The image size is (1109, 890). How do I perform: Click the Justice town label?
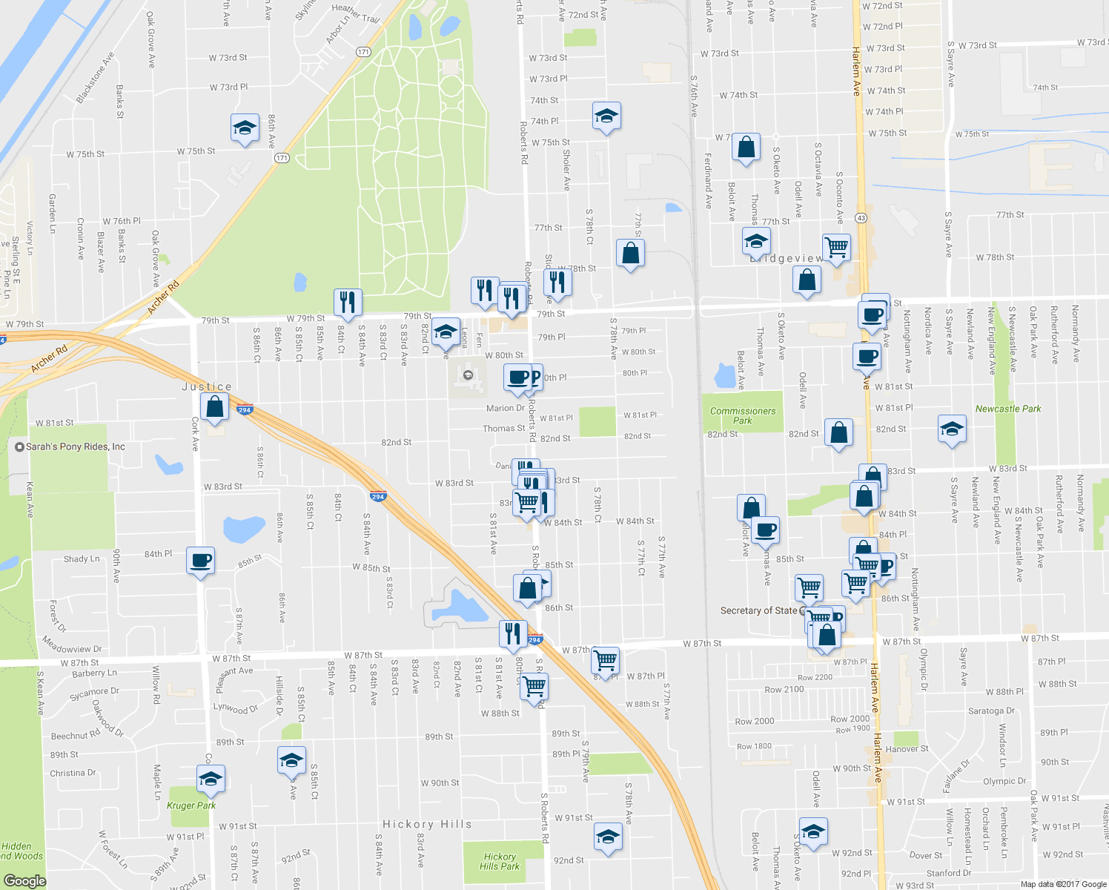tap(207, 387)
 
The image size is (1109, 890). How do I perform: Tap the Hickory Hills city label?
tap(427, 824)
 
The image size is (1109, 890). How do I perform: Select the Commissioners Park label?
tap(743, 415)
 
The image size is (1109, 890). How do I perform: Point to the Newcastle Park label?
tap(1008, 409)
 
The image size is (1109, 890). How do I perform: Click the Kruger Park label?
tap(191, 805)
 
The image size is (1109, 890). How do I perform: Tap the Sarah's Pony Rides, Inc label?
tap(75, 446)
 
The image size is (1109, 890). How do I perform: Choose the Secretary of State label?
tap(758, 610)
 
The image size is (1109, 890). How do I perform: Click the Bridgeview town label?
tap(786, 258)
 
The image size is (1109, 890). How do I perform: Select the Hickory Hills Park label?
tap(500, 861)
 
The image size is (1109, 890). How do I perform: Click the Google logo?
tap(24, 880)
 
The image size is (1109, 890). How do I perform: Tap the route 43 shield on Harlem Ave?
tap(861, 218)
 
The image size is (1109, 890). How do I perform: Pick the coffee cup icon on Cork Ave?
tap(200, 560)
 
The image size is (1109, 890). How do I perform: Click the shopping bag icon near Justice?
tap(214, 407)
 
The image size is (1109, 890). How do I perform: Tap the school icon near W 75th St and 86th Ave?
tap(245, 128)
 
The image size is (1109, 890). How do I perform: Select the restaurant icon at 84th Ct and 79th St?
tap(347, 302)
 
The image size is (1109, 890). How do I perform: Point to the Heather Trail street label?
tap(356, 13)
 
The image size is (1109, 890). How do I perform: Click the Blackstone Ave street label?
tap(95, 78)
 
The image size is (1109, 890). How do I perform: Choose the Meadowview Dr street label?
tap(72, 645)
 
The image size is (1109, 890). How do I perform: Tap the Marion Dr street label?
tap(505, 408)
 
